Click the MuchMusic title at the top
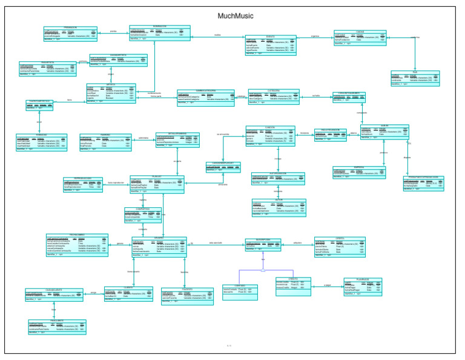click(236, 16)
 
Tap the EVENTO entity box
click(271, 45)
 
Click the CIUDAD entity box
click(360, 38)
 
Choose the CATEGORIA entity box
click(274, 97)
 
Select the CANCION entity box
click(270, 136)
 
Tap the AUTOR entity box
click(275, 208)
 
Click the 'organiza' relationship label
click(315, 36)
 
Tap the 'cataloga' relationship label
click(240, 96)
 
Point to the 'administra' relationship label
click(143, 138)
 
